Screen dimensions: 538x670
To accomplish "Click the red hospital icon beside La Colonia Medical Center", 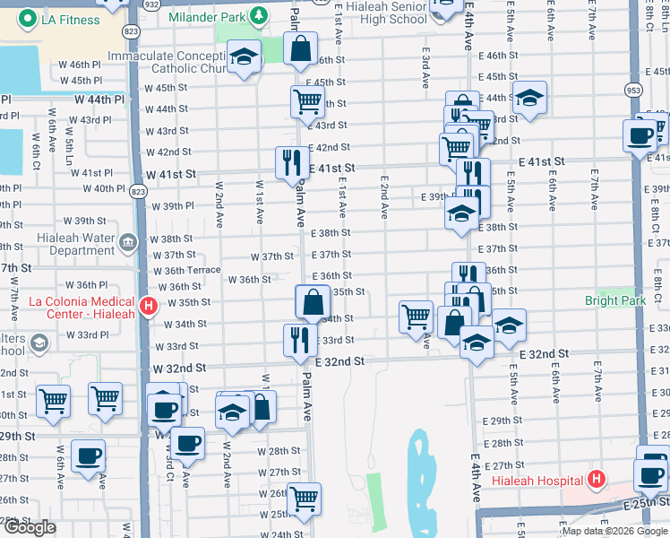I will click(149, 307).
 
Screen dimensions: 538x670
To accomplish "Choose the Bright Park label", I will click(615, 300).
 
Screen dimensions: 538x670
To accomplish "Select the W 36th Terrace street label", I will click(186, 270).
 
